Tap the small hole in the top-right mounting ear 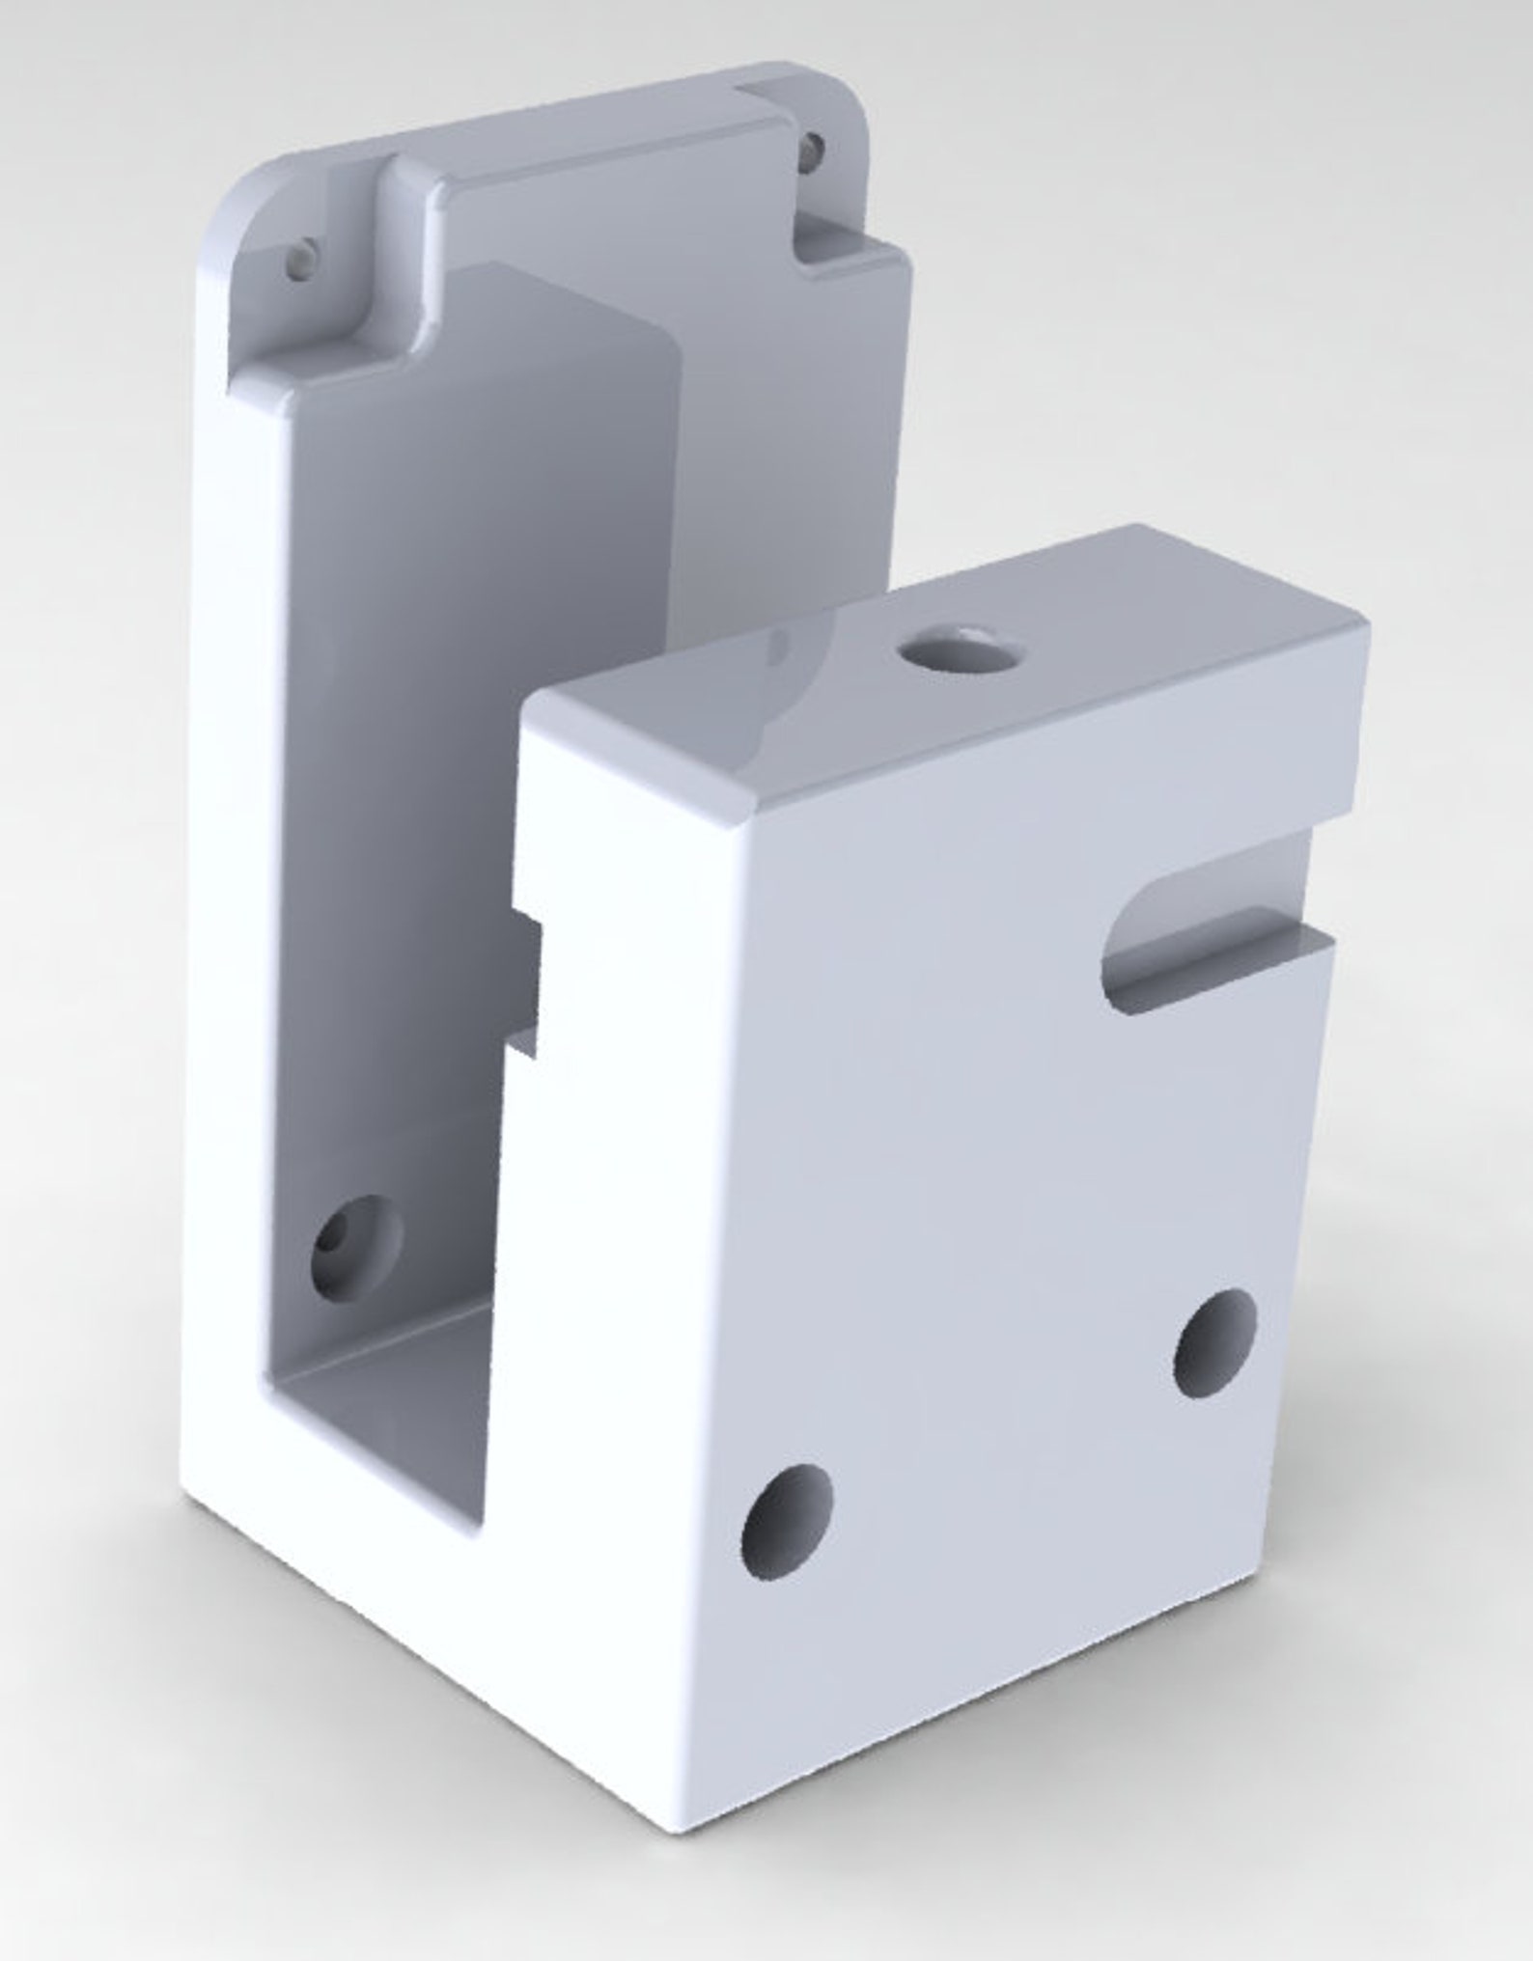(814, 147)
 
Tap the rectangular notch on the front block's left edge (529, 982)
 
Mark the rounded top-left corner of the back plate (241, 203)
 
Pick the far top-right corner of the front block (1363, 627)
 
